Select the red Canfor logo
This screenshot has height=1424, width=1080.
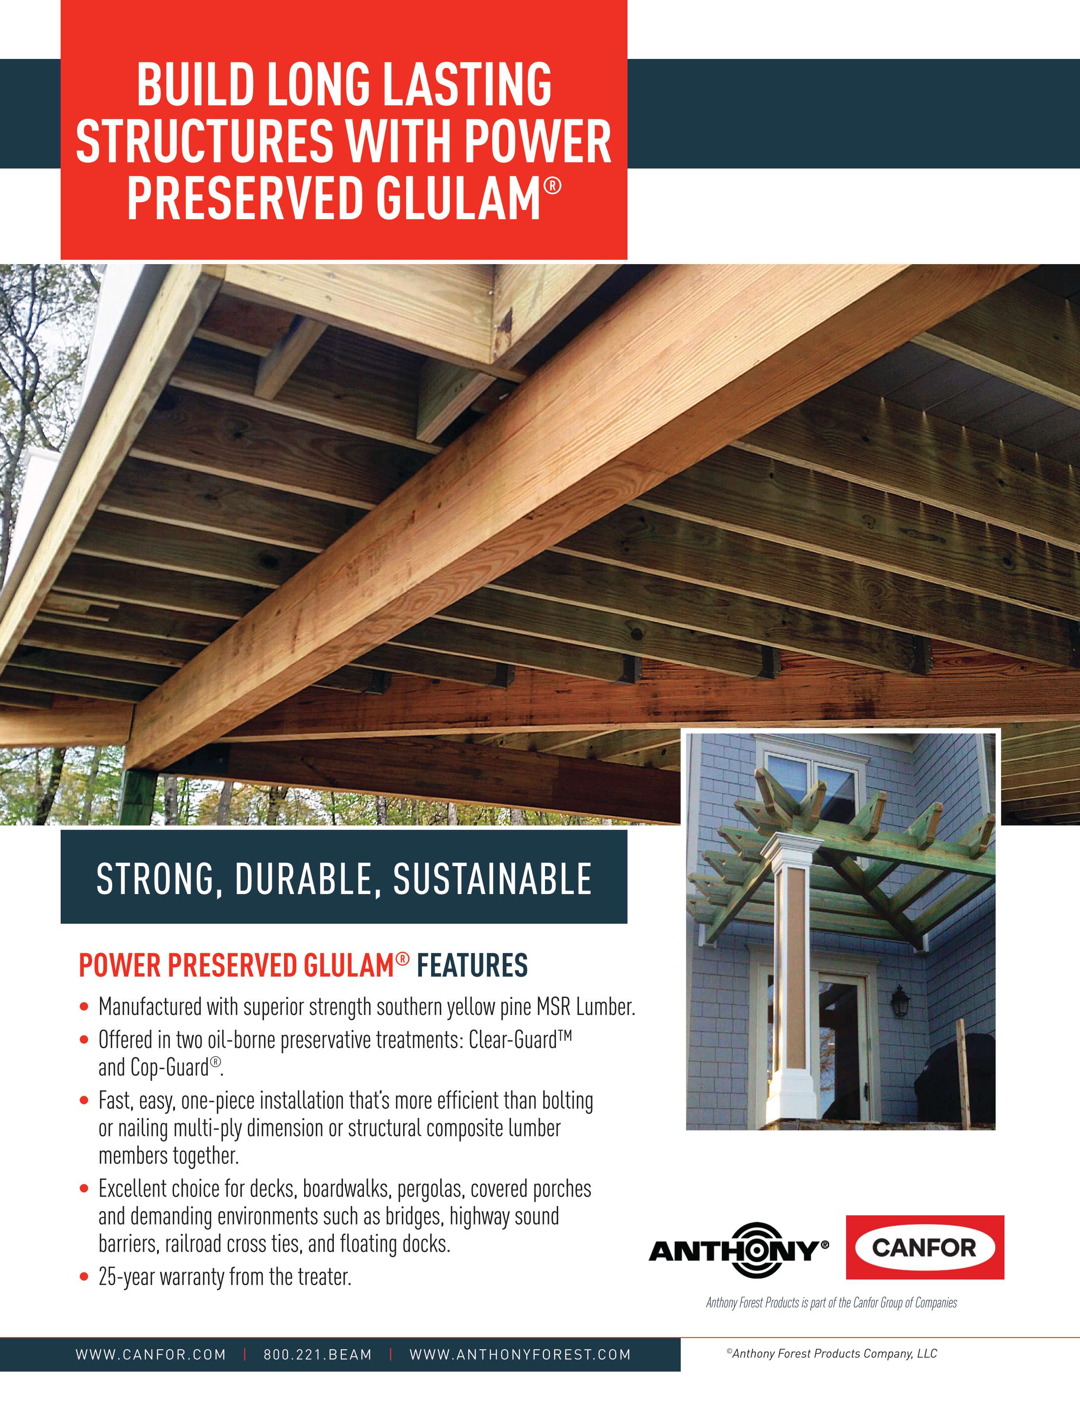pyautogui.click(x=924, y=1247)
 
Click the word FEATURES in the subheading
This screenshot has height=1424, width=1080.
pyautogui.click(x=473, y=966)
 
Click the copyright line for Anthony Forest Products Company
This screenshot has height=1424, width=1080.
pyautogui.click(x=832, y=1353)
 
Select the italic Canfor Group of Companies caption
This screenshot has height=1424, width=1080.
pyautogui.click(x=832, y=1302)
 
